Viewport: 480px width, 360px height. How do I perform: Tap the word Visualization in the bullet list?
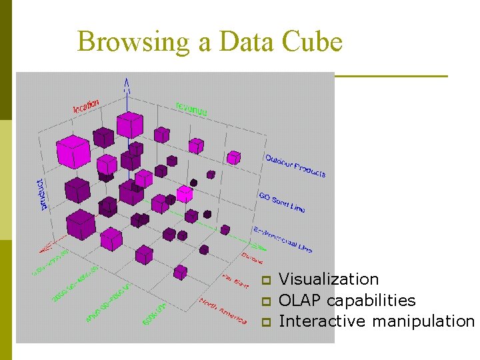pos(329,279)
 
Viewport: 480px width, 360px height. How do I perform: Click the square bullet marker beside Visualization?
pos(265,280)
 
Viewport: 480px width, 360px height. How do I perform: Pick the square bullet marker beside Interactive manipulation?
pos(265,322)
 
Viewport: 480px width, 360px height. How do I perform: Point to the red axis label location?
pos(86,105)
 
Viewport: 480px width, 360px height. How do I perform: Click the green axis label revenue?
pos(191,108)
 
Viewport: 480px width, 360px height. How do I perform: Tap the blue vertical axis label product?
pos(41,194)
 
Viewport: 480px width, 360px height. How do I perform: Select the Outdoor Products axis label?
pos(295,166)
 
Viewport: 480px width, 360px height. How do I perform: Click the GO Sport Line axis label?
pos(281,203)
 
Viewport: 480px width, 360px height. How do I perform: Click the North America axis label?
pos(223,311)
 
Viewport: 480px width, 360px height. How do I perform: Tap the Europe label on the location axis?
pos(252,257)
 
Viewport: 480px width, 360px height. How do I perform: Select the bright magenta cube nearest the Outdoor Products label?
pos(233,157)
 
